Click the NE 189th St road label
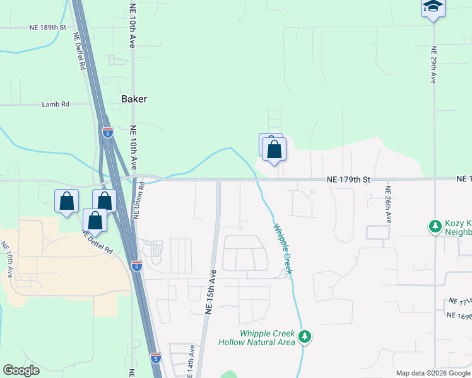(x=47, y=28)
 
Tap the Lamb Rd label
(x=56, y=105)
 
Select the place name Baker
(x=134, y=100)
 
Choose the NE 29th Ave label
(x=434, y=64)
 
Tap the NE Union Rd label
(x=140, y=200)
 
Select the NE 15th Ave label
(x=210, y=292)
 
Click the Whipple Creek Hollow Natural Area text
(x=257, y=338)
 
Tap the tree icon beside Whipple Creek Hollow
(x=305, y=337)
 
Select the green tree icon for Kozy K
(x=435, y=226)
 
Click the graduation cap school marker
(x=433, y=8)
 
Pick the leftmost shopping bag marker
(x=66, y=202)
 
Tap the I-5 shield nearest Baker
(x=107, y=132)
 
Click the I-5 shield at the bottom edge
(x=156, y=358)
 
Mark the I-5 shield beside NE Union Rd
(x=137, y=266)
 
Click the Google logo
(x=21, y=370)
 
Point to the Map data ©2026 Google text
(x=433, y=373)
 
